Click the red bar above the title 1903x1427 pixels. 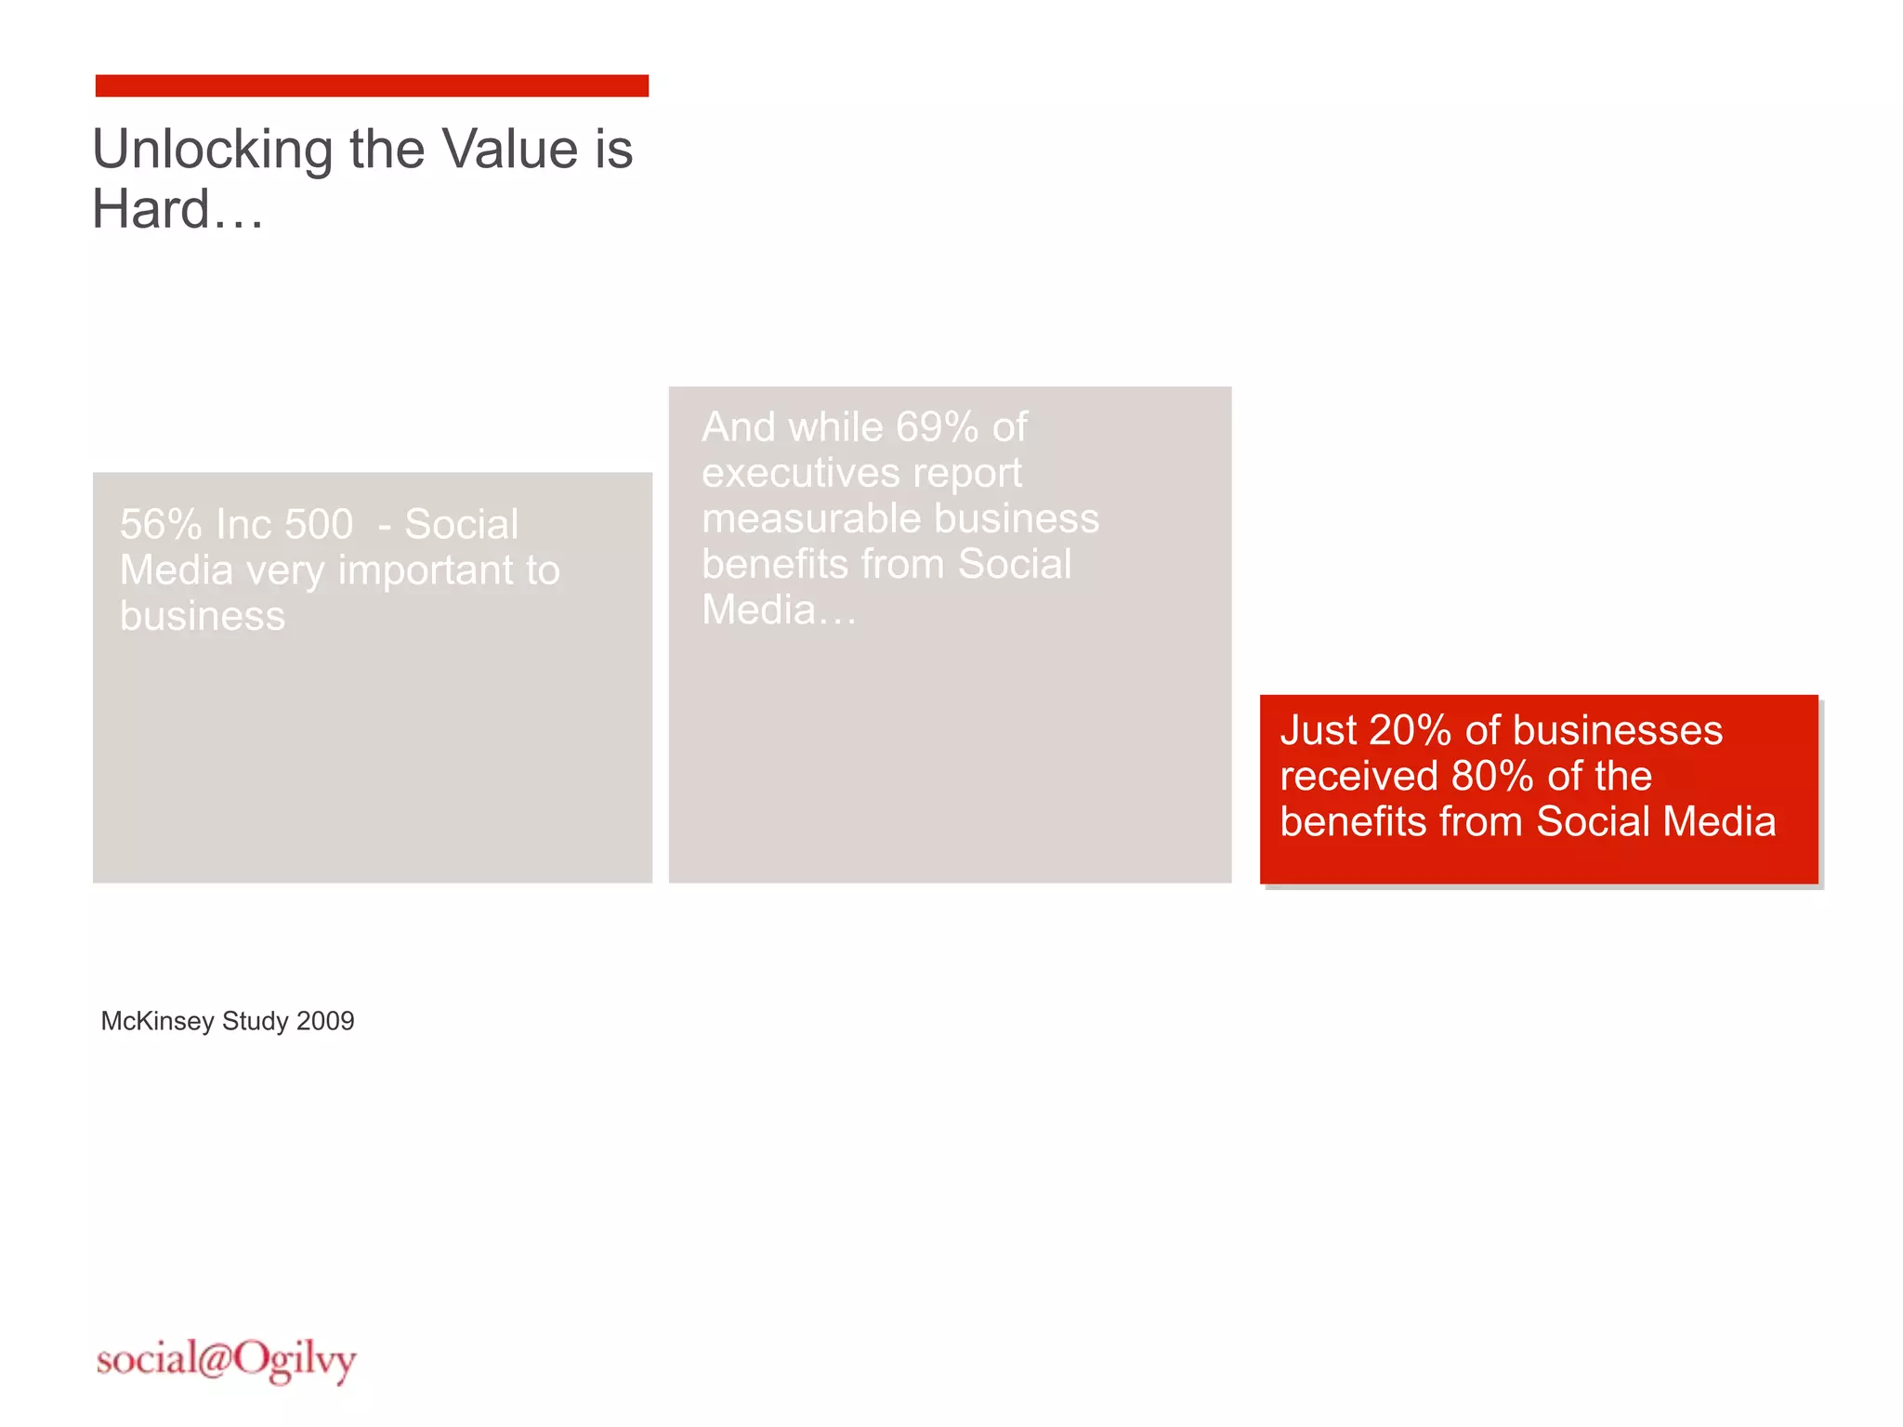372,85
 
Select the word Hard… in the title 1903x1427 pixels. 177,210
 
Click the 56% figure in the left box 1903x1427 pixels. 161,525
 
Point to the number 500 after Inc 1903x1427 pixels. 319,525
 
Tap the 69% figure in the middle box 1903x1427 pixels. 937,427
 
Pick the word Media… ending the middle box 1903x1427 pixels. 779,610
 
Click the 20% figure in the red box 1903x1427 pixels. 1410,731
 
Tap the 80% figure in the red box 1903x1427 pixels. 1492,777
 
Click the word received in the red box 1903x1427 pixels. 1358,777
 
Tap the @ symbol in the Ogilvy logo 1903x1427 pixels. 214,1359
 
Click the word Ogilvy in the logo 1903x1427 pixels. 295,1361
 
